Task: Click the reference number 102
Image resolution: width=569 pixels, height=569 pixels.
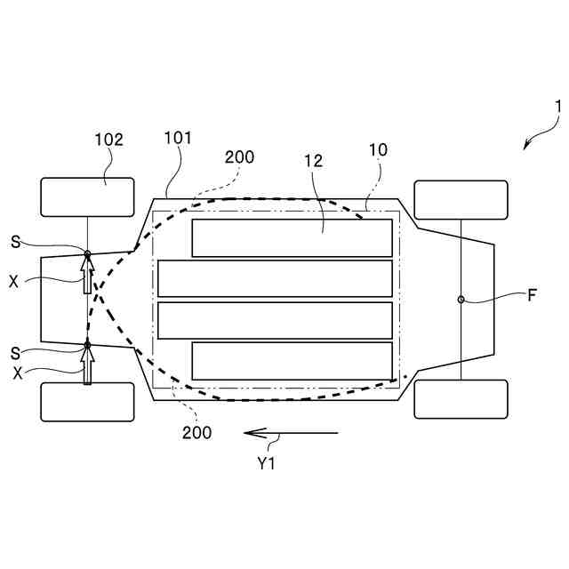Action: point(108,140)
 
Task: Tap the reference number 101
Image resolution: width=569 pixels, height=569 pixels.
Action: point(178,138)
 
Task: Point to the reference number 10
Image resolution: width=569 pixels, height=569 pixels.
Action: point(378,150)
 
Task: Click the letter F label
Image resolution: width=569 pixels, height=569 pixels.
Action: point(532,296)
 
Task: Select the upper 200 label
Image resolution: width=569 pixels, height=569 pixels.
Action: point(239,157)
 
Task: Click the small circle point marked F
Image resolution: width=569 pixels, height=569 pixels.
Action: point(461,300)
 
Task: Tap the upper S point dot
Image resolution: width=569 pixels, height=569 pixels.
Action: point(87,254)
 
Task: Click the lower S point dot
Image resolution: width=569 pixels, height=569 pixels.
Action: point(87,345)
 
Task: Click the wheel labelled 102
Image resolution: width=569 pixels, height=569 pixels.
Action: point(87,196)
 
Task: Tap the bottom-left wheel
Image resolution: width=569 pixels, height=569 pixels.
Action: point(87,402)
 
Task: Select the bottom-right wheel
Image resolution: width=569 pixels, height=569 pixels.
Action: point(461,399)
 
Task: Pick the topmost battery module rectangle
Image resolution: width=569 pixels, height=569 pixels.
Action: point(292,237)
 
